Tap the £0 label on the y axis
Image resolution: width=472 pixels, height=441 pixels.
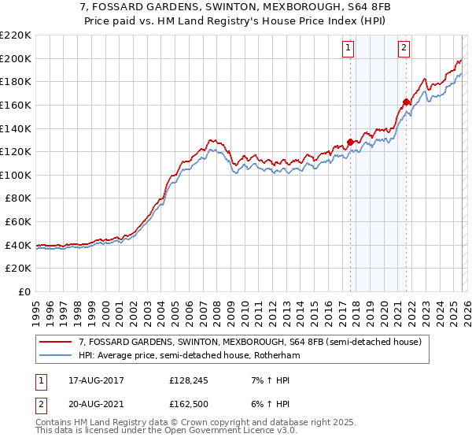[x=24, y=292]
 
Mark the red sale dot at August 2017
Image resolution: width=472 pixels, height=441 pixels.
[x=350, y=143]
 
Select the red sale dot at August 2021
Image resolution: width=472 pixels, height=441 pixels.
[x=406, y=102]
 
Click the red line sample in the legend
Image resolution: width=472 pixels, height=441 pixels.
[x=56, y=342]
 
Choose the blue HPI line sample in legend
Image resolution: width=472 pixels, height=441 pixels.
[x=56, y=356]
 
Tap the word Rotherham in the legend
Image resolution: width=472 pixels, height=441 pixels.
[x=275, y=356]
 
